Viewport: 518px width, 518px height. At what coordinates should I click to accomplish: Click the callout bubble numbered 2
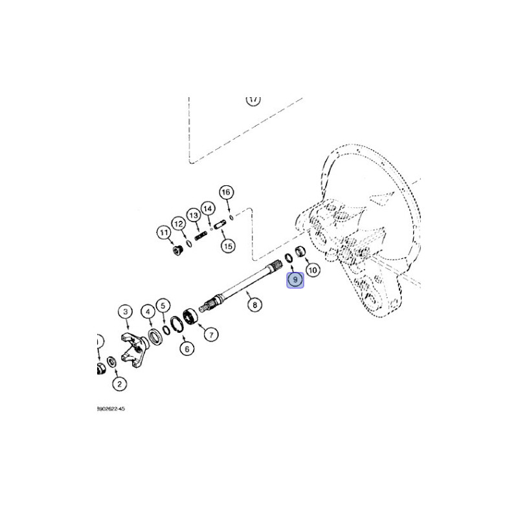[118, 385]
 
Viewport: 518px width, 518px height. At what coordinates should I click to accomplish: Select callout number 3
[125, 313]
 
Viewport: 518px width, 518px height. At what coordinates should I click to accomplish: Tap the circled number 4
[148, 313]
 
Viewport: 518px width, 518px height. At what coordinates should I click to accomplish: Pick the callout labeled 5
[163, 305]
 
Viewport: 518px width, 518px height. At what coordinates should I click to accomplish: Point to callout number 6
[186, 349]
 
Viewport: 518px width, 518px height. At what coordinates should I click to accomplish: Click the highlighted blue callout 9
[295, 280]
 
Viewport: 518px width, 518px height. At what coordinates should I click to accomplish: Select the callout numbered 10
[312, 269]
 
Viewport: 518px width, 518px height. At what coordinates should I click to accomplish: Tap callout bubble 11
[163, 233]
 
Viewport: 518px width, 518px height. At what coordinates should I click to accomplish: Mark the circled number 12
[178, 221]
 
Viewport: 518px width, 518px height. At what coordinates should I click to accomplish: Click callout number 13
[194, 215]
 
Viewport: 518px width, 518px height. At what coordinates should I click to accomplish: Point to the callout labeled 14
[207, 208]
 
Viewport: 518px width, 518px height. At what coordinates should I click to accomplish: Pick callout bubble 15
[227, 245]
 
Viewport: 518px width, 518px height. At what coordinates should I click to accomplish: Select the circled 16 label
[225, 192]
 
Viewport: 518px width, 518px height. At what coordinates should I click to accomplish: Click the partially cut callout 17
[253, 100]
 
